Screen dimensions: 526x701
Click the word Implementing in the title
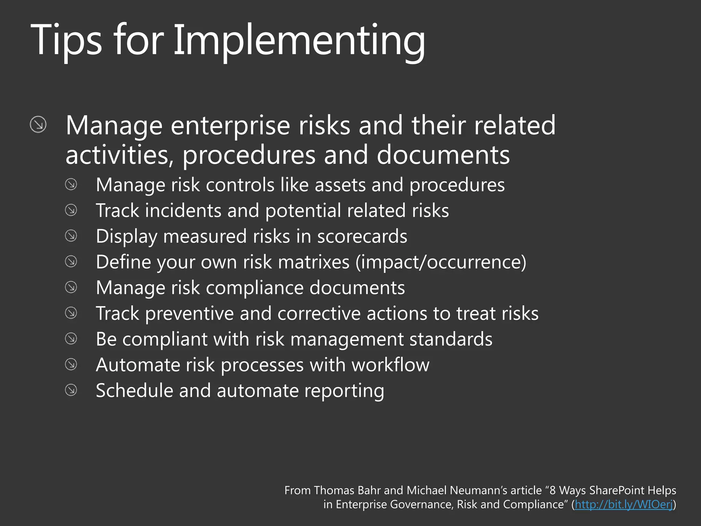point(299,40)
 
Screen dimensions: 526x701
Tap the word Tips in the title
point(66,40)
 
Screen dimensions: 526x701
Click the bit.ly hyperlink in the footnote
point(624,504)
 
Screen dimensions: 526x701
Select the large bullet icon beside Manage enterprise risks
point(38,124)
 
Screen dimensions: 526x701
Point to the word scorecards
point(362,236)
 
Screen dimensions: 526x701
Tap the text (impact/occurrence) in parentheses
point(441,262)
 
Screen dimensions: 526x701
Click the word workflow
point(391,365)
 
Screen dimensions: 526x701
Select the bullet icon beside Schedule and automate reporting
point(71,390)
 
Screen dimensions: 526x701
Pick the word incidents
point(183,210)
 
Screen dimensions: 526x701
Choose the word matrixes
point(314,262)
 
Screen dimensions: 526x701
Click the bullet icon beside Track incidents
point(71,210)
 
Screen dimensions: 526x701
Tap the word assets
point(340,185)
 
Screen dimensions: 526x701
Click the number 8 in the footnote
point(552,490)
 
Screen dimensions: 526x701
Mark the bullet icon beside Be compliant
point(71,339)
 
